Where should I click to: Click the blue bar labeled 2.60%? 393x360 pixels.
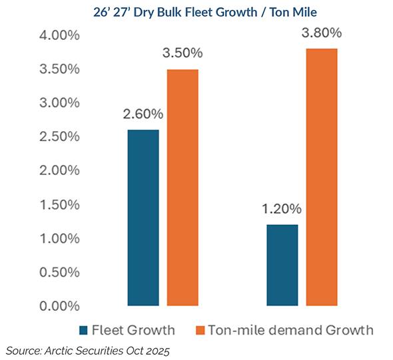(x=143, y=218)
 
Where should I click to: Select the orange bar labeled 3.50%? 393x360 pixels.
(x=183, y=188)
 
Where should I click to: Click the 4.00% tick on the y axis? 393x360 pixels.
(x=55, y=35)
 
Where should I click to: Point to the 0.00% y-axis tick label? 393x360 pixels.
(x=55, y=306)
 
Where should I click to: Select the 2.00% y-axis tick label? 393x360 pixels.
(x=55, y=170)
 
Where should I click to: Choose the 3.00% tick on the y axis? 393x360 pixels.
(x=55, y=103)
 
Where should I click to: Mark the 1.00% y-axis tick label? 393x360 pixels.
(x=55, y=238)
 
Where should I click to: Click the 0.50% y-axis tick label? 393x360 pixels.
(x=55, y=272)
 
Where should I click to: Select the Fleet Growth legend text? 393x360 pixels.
(x=135, y=330)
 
